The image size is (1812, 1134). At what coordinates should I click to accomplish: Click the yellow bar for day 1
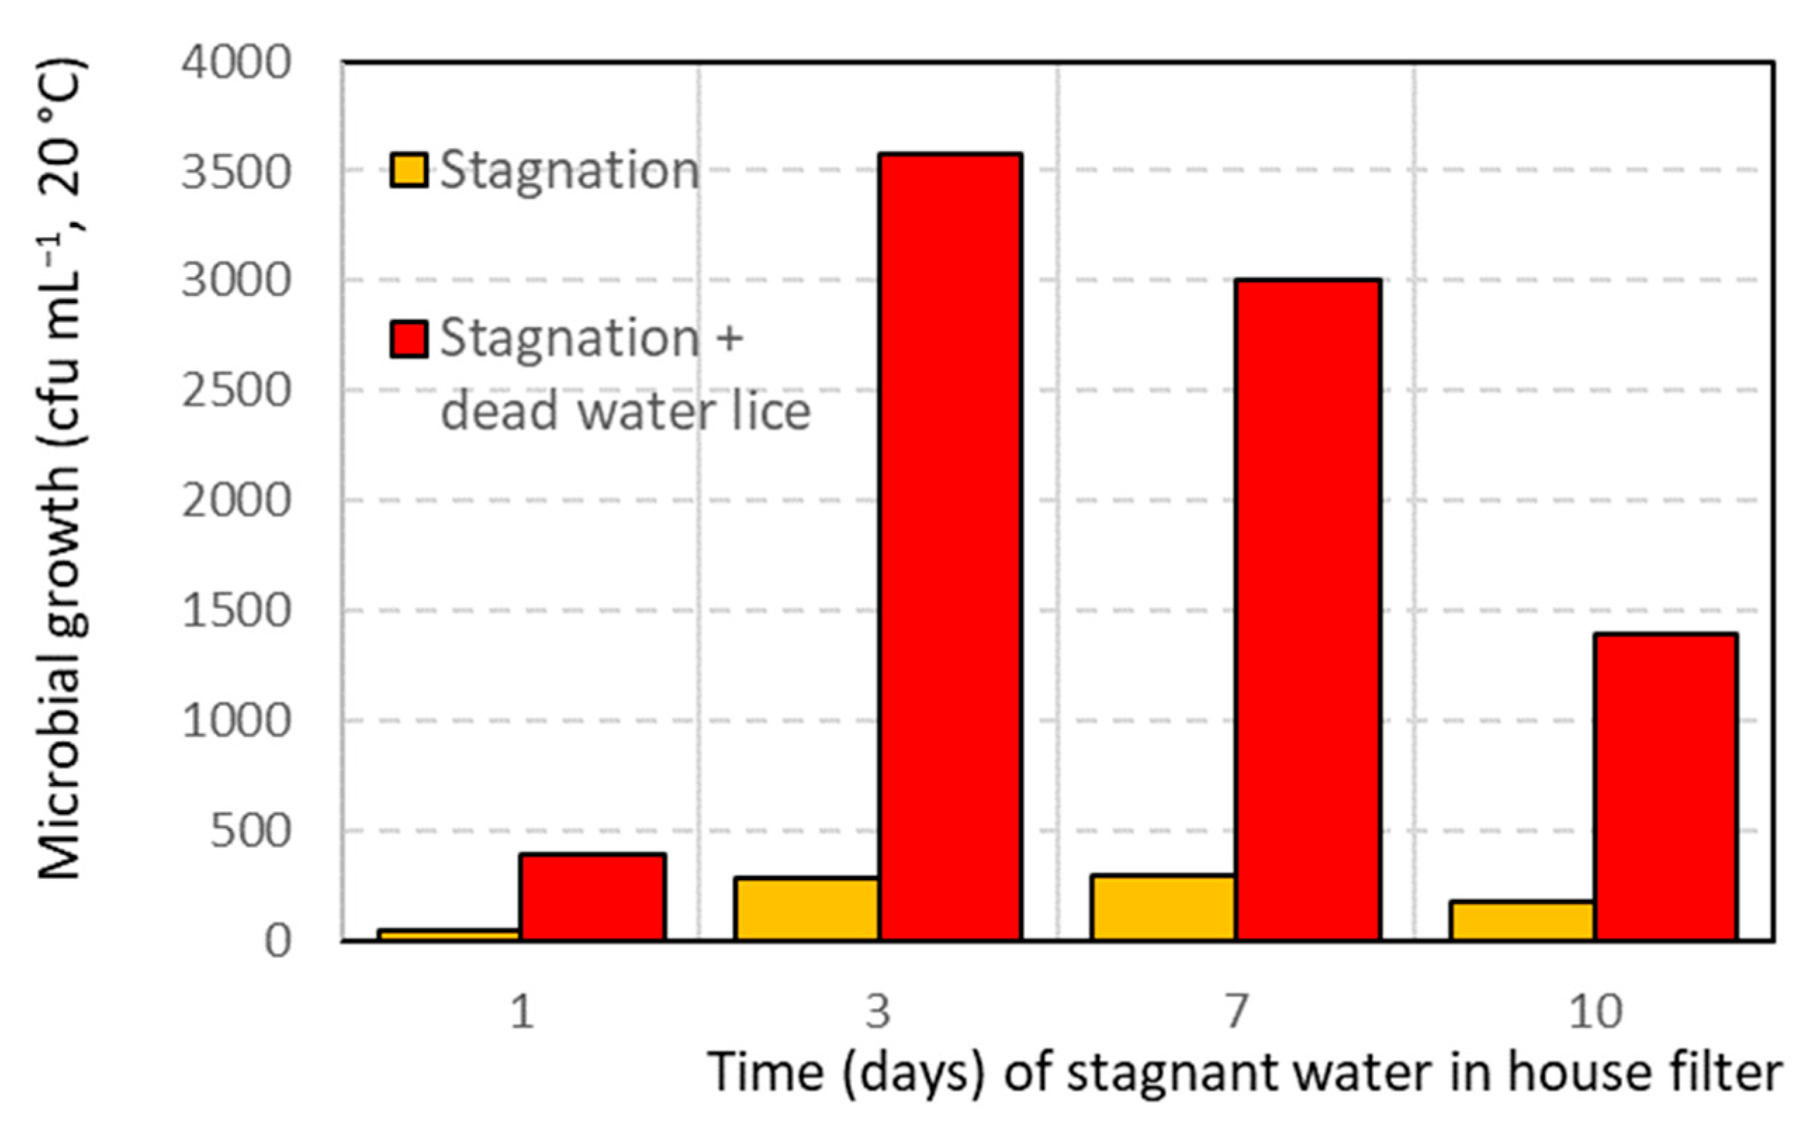tap(449, 934)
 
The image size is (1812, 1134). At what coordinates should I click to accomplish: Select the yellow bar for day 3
tap(807, 908)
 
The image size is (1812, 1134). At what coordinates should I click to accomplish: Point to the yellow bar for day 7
tap(1164, 907)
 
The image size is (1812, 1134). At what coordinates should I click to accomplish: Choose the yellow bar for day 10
tap(1522, 920)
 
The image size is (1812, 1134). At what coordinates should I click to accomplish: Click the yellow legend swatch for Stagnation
tap(409, 170)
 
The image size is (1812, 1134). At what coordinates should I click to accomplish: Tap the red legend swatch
tap(409, 338)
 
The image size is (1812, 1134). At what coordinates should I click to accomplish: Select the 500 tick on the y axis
tap(250, 832)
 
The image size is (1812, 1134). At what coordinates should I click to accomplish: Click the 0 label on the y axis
tap(278, 941)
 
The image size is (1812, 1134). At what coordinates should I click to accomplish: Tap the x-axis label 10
tap(1595, 1012)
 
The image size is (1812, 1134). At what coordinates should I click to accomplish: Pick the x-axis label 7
tap(1237, 1012)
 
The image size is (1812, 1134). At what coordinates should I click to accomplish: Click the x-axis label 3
tap(878, 1012)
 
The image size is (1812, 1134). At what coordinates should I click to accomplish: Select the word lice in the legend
tap(773, 411)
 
